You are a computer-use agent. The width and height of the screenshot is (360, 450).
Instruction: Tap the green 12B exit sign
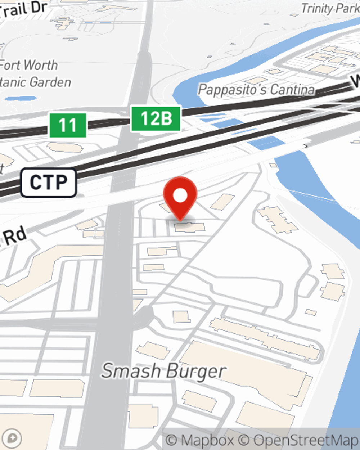[x=156, y=118]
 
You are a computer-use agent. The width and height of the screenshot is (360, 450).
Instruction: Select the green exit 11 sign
[x=68, y=125]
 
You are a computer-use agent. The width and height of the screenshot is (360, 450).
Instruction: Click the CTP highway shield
[x=49, y=183]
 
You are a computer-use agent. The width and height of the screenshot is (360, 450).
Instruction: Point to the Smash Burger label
[x=164, y=371]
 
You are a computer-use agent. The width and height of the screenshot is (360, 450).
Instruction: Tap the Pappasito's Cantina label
[x=256, y=90]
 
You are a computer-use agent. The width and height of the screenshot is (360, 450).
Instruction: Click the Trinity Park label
[x=330, y=8]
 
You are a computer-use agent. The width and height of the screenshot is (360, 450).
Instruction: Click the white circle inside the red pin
[x=180, y=196]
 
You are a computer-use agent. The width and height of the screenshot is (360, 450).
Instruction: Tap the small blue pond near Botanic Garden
[x=21, y=98]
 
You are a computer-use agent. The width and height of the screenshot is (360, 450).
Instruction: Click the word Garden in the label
[x=50, y=82]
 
